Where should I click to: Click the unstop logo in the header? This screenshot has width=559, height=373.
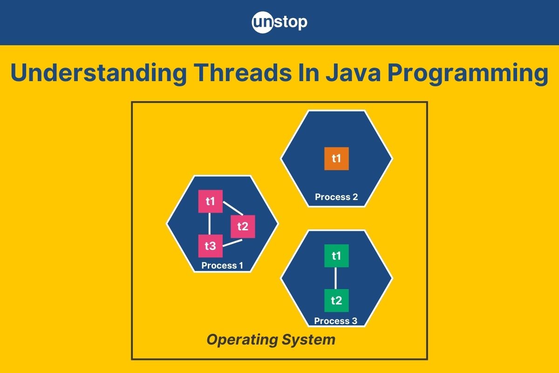coord(279,22)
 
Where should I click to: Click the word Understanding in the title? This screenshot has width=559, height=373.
coord(98,73)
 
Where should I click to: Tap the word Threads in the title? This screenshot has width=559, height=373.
coord(243,72)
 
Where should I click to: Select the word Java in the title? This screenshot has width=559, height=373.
coord(353,73)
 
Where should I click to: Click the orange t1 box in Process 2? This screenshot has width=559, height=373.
coord(336,159)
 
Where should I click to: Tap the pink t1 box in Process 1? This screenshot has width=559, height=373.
coord(211,201)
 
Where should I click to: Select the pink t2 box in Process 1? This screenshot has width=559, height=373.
coord(243,227)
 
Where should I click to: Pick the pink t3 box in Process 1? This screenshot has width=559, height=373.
coord(211,246)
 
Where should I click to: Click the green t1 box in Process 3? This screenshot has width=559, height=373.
coord(336,256)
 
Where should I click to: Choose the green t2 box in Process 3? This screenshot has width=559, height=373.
coord(336,301)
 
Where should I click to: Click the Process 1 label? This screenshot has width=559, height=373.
coord(222,265)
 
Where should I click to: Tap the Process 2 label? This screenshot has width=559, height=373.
coord(336,197)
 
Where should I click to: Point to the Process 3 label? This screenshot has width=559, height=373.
coord(336,321)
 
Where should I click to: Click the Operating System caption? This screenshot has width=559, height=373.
coord(271,340)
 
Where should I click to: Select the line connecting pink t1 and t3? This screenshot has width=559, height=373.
coord(209,224)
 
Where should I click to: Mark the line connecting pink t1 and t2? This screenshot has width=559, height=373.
coord(233,208)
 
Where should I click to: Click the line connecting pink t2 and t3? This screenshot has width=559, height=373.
coord(232,243)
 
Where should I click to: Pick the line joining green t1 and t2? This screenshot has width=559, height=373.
coord(335,278)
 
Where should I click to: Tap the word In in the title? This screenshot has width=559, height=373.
coord(309,72)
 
